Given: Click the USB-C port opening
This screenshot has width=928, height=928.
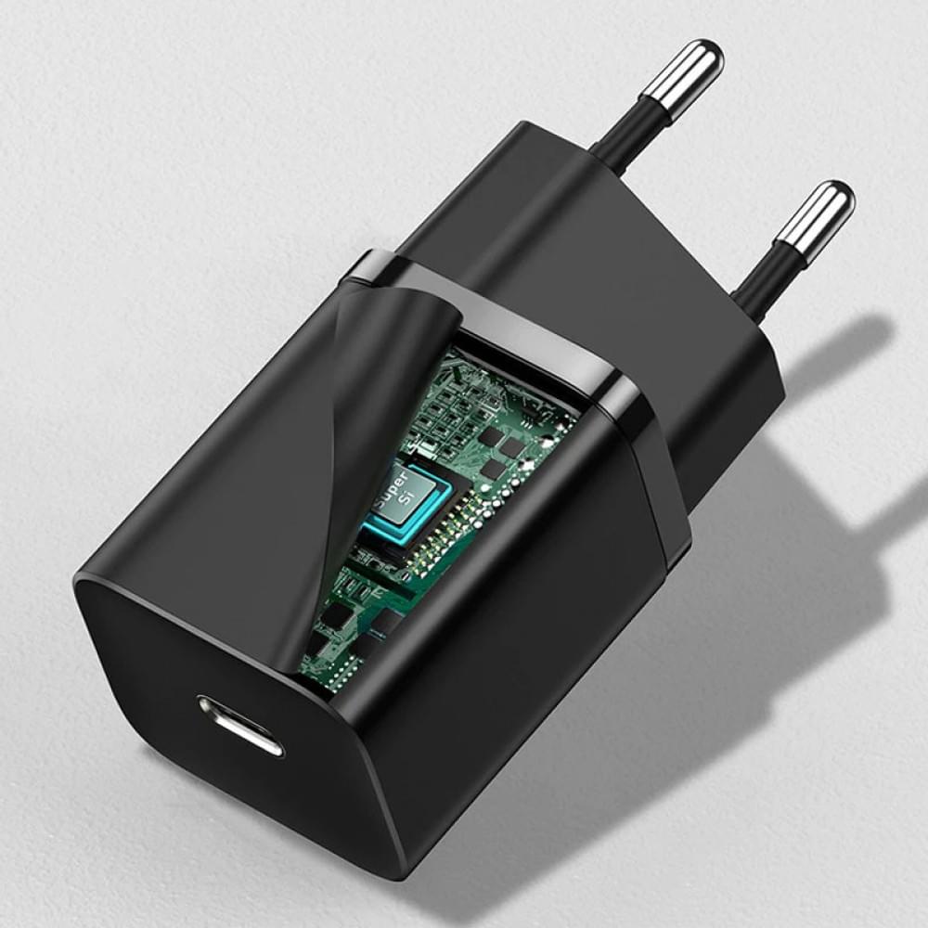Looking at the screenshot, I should pos(239,725).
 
